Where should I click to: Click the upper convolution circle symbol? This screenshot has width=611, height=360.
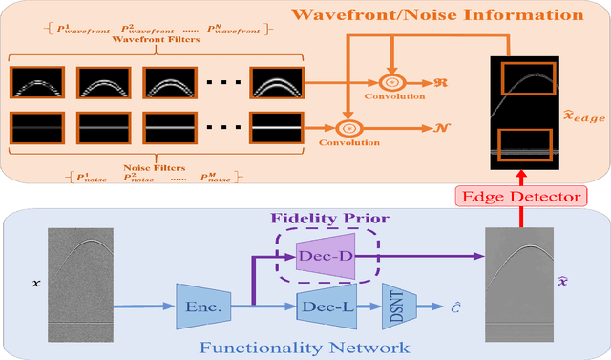390,83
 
